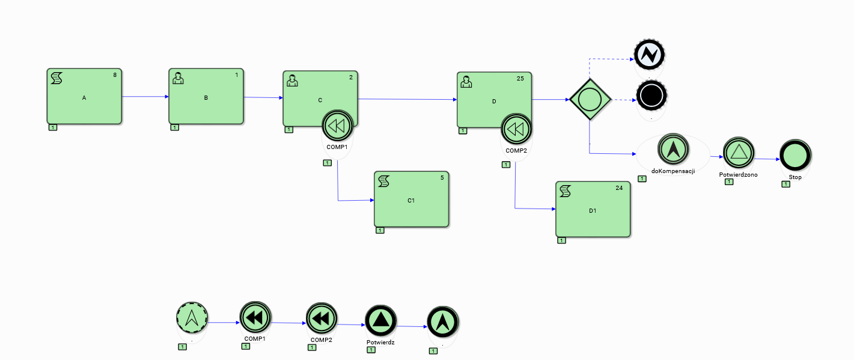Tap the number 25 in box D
(x=520, y=79)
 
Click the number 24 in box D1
(x=619, y=188)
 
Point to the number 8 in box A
(x=115, y=75)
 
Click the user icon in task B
(x=178, y=78)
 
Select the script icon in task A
(x=56, y=78)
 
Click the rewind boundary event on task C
(x=337, y=126)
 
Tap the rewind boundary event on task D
(x=516, y=129)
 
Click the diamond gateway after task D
(x=590, y=99)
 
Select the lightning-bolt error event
(x=649, y=55)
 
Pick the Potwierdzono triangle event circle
(x=738, y=153)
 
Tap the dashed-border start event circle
(x=192, y=317)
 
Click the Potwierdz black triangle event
(x=380, y=321)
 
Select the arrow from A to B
(x=145, y=96)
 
